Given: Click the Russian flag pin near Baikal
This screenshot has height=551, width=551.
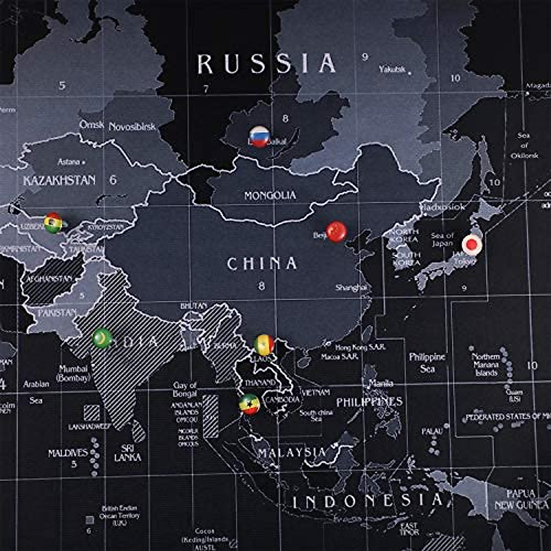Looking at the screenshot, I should point(259,136).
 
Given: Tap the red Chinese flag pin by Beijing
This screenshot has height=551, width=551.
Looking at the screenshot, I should point(336,231).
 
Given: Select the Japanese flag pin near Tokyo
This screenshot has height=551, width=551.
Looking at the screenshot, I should point(471,244).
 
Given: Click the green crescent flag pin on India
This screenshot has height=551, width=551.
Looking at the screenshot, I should point(102,338).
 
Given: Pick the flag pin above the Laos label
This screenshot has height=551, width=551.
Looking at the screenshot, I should point(264,344).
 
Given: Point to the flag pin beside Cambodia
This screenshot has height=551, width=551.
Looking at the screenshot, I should point(249,404).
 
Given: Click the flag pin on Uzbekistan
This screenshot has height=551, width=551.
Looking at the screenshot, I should point(53,223).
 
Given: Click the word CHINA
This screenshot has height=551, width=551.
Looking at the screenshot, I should point(262,264).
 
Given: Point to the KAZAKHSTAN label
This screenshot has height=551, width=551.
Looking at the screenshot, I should point(60,180).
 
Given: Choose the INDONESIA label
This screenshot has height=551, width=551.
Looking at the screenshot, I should point(368,501).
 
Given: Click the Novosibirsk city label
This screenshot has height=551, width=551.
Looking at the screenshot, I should point(132,127).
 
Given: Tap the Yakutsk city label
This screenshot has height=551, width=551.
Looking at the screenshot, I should point(392,69).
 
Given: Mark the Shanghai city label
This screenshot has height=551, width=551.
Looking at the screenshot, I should point(351,288).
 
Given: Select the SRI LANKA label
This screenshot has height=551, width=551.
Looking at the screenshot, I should point(128,453).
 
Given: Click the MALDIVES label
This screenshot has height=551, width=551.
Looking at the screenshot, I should point(67,453).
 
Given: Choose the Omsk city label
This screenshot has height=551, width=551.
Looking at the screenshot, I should point(91,125).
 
